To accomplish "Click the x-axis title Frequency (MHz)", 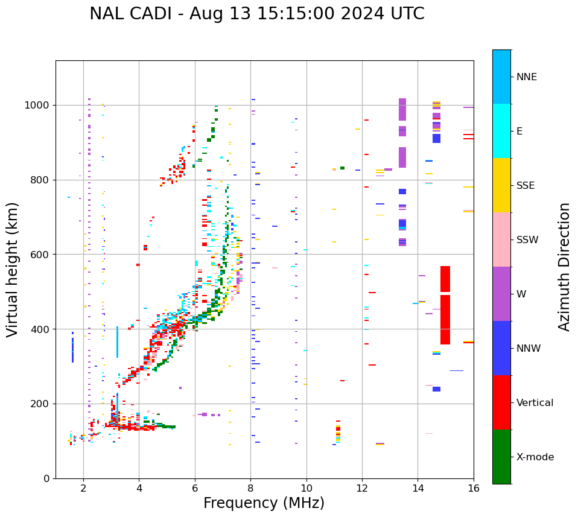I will point(264,503).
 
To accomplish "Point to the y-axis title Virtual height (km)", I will point(13,269).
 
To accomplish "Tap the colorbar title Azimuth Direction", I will point(564,266).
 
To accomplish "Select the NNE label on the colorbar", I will point(526,77).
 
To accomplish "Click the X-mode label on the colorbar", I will point(535,457).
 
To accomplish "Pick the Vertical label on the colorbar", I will point(535,403).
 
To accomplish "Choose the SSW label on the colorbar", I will point(527,240).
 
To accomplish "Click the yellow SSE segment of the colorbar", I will point(501,185).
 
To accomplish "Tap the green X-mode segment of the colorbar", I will point(501,457).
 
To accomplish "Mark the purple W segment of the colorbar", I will point(501,293).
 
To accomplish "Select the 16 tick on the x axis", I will point(474,488).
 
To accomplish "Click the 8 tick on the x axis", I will point(250,488).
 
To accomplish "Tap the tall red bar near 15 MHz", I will point(445,305).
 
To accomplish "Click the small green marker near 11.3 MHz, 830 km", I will point(342,168).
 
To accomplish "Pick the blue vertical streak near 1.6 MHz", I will point(72,347).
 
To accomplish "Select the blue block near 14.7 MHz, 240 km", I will point(436,389).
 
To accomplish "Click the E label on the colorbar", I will point(519,132).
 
